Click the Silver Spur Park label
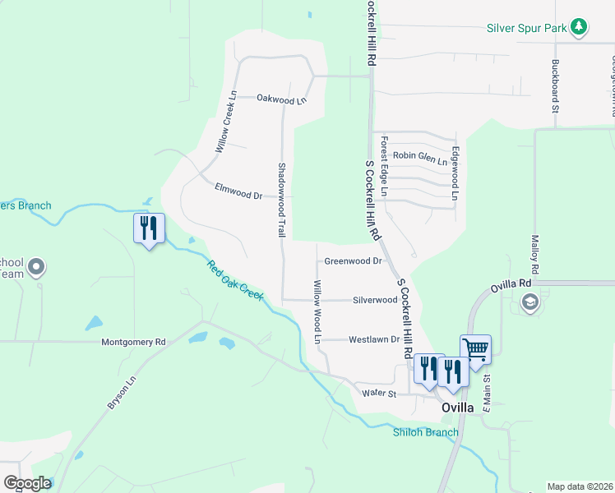click(527, 28)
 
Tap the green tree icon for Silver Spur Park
click(580, 27)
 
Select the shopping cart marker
click(475, 349)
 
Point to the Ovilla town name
click(457, 408)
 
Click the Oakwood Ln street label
click(281, 99)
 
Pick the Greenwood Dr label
click(353, 261)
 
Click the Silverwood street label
click(375, 300)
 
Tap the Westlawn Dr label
click(373, 339)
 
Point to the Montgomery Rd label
click(133, 341)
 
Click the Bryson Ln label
click(120, 394)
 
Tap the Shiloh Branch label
click(425, 432)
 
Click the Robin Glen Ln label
click(419, 155)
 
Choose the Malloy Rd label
click(534, 256)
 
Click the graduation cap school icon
click(529, 302)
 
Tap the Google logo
click(27, 483)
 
